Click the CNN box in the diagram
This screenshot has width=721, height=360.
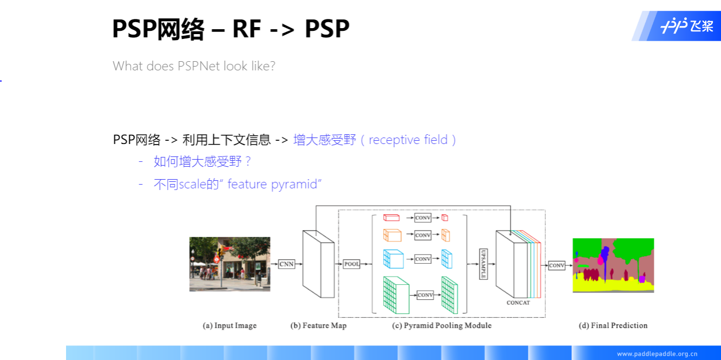287,264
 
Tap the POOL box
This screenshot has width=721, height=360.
352,264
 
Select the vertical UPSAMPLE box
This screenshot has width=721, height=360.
483,264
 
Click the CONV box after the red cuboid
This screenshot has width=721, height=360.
423,218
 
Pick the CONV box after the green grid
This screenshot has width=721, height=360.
425,295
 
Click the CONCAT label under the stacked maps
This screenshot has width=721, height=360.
518,303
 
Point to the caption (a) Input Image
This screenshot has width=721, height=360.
230,325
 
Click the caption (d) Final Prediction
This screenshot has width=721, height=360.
613,325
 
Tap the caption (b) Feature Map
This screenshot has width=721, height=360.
318,325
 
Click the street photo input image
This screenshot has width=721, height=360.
230,264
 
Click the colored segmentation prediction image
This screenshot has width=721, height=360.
613,265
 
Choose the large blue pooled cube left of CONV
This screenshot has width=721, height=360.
394,259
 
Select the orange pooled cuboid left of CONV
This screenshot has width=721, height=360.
392,235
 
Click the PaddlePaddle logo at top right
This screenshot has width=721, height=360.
686,25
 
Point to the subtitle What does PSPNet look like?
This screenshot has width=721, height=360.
194,66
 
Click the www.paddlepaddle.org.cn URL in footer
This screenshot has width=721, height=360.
657,354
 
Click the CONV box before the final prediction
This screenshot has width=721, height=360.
556,265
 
